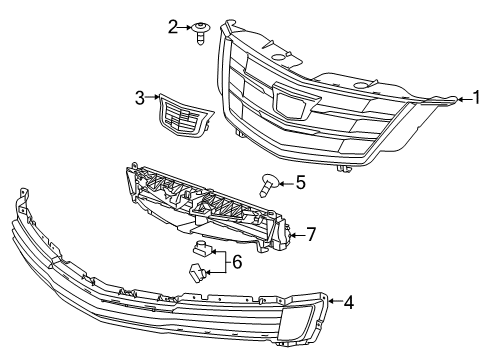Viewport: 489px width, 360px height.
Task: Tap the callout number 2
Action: [x=173, y=26]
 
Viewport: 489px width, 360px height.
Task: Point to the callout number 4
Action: [x=348, y=299]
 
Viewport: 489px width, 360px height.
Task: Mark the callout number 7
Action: [x=311, y=235]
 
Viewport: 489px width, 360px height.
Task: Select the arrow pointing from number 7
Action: [x=296, y=235]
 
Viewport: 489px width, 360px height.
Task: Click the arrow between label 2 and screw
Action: [x=187, y=27]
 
